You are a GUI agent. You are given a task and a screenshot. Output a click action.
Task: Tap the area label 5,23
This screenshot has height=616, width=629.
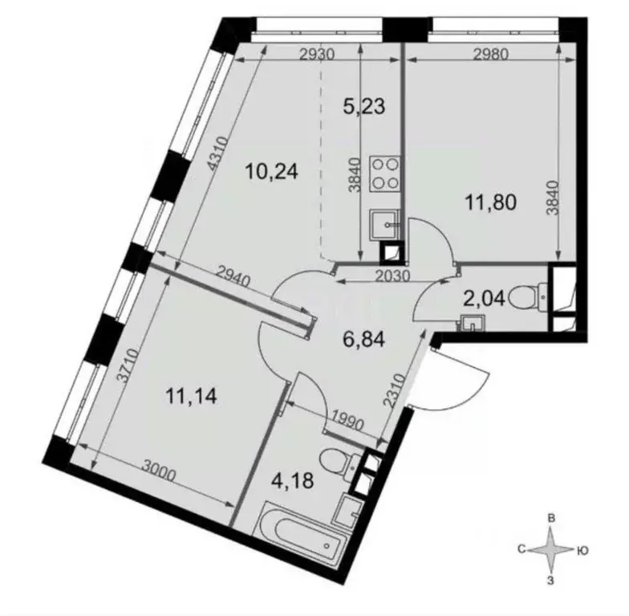pyautogui.click(x=364, y=106)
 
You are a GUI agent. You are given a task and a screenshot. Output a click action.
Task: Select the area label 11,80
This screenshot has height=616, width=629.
pyautogui.click(x=491, y=202)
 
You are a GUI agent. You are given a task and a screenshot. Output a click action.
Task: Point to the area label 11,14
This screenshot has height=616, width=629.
pyautogui.click(x=191, y=397)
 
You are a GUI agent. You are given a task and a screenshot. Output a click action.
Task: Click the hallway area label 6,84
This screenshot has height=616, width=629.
pyautogui.click(x=364, y=341)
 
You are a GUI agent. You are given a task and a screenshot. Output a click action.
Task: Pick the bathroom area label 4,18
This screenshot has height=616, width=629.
pyautogui.click(x=292, y=480)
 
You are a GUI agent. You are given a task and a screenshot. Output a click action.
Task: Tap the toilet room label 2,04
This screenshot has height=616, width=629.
pyautogui.click(x=484, y=299)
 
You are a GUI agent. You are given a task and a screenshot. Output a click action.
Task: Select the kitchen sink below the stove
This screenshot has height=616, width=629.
pyautogui.click(x=384, y=226)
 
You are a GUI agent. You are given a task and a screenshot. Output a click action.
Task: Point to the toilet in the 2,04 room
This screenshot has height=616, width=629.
pyautogui.click(x=529, y=298)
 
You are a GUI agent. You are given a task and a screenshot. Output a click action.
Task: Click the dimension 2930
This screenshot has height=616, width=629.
pyautogui.click(x=317, y=55)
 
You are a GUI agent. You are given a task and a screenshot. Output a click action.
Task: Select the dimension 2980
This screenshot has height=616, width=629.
pyautogui.click(x=491, y=55)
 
